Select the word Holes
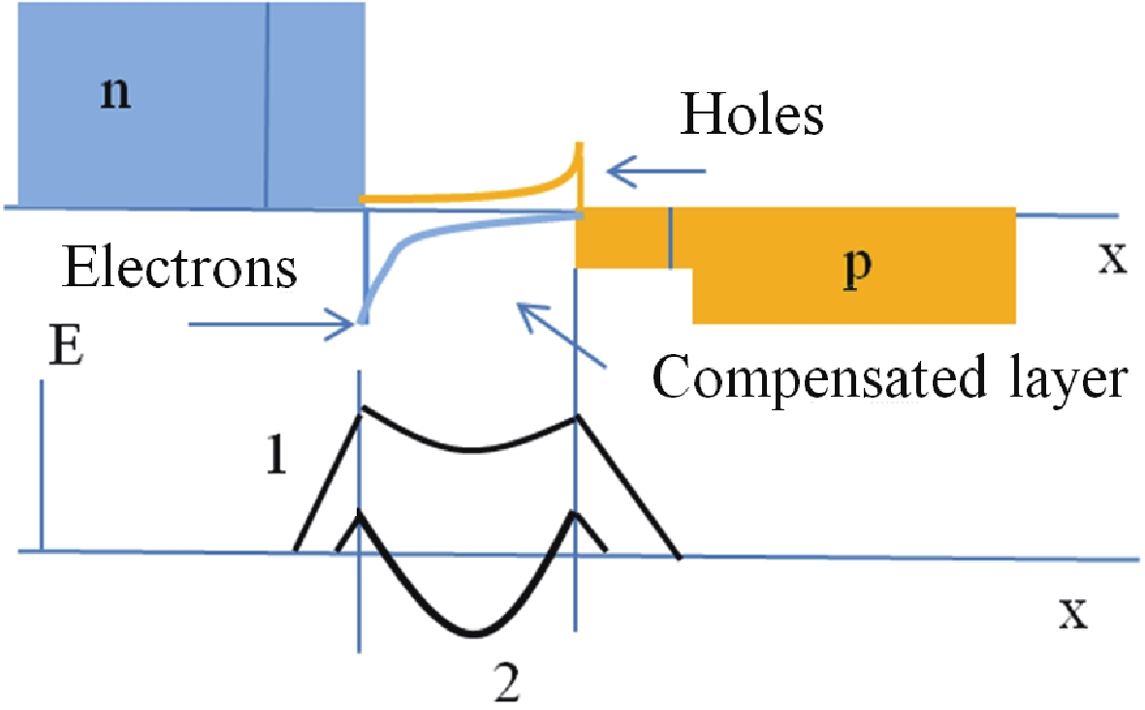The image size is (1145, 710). coord(752,116)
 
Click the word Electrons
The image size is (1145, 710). coord(179,268)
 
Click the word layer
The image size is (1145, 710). coord(1066,378)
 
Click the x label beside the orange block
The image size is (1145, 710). coord(1111,262)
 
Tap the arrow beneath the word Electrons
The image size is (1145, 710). coord(271,325)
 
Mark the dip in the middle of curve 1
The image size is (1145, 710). coord(470,449)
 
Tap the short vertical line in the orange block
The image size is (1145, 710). coord(670,239)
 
